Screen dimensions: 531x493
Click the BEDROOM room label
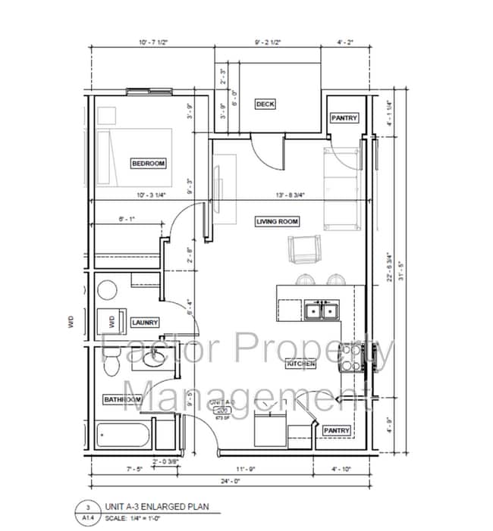(x=148, y=163)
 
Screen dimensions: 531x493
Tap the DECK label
(x=265, y=104)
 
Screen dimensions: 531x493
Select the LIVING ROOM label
(x=277, y=221)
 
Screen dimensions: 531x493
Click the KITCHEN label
(x=300, y=364)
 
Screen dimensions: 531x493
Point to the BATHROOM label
(x=123, y=399)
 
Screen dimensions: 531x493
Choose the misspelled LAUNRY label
(x=144, y=322)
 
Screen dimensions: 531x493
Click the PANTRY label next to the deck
(x=344, y=118)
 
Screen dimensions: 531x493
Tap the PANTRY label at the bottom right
(x=337, y=430)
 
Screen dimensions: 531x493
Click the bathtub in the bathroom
(x=124, y=436)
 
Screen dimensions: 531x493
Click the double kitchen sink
(x=319, y=309)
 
